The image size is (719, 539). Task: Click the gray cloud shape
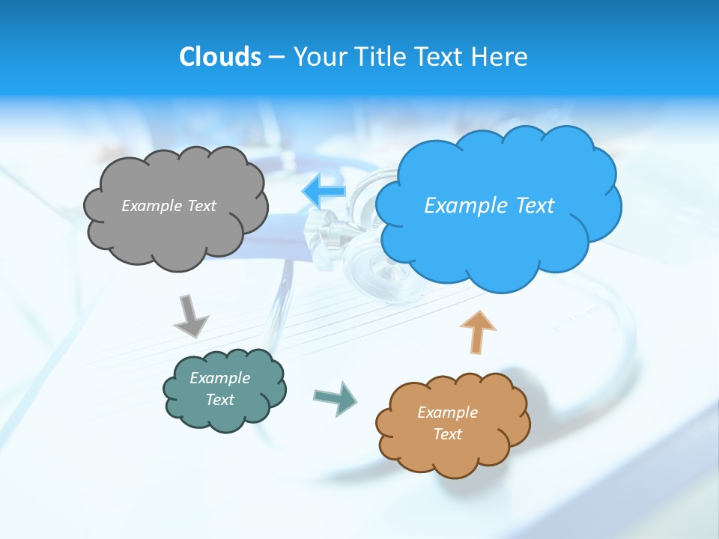[x=175, y=232]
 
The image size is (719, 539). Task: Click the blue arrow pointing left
[x=324, y=192]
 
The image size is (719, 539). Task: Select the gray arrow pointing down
[x=190, y=315]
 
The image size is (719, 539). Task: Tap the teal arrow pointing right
[x=336, y=398]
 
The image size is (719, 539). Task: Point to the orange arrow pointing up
[x=478, y=332]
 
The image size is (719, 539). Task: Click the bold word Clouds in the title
[x=220, y=57]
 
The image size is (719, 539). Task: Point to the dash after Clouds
[x=276, y=58]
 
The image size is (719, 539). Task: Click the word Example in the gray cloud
[x=151, y=206]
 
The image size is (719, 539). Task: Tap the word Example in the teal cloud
[x=220, y=378]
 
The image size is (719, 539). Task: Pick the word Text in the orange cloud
[x=447, y=434]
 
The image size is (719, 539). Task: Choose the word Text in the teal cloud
[x=220, y=400]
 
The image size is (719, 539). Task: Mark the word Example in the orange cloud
[x=447, y=412]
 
